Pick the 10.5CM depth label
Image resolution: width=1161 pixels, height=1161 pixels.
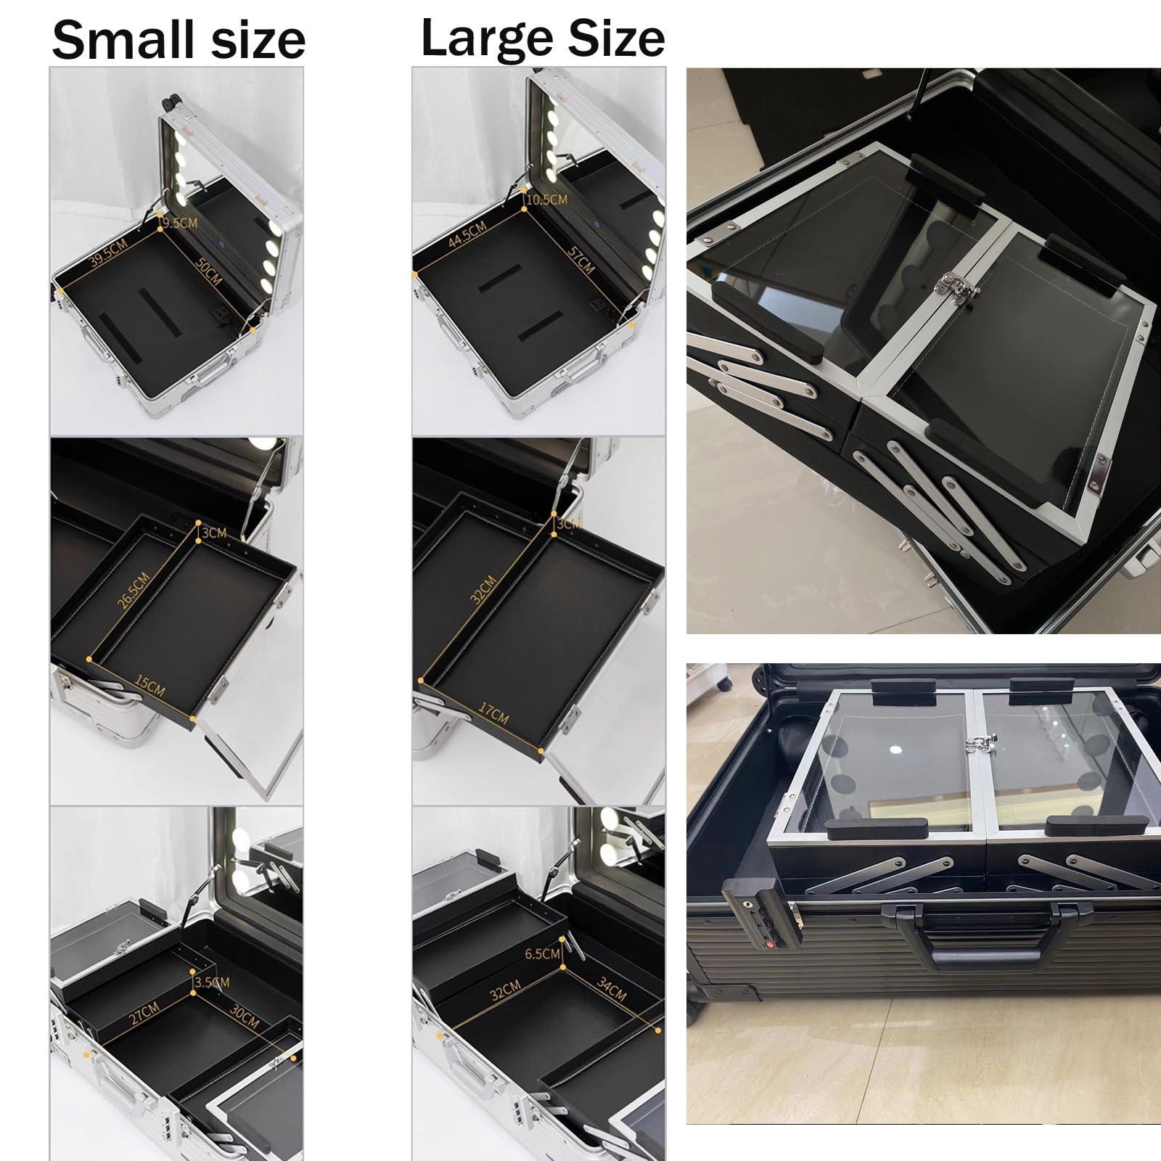(x=547, y=198)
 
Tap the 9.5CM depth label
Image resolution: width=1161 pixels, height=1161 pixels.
(x=179, y=223)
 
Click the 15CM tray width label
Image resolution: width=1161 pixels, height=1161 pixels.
(x=149, y=686)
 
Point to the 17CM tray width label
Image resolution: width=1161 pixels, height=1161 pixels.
(x=493, y=713)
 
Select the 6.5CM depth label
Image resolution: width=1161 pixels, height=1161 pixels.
(x=543, y=953)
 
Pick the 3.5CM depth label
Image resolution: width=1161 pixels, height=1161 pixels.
(x=212, y=982)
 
